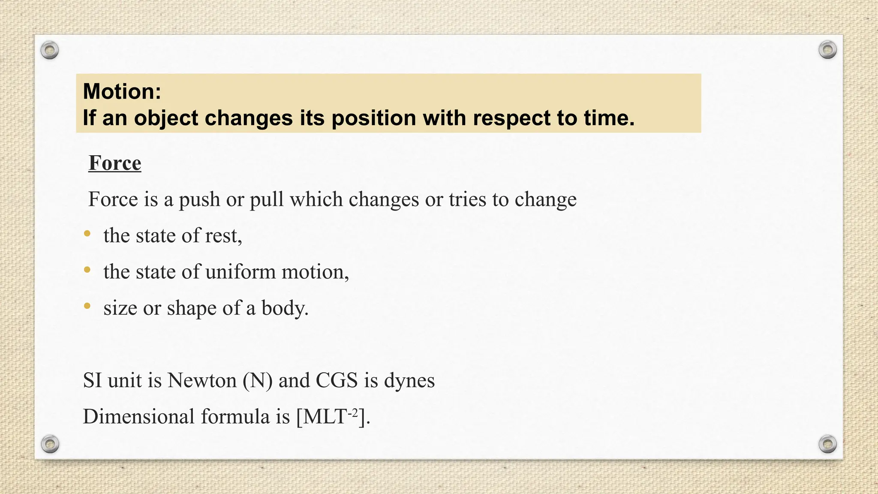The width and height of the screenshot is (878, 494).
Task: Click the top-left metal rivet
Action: [x=50, y=51]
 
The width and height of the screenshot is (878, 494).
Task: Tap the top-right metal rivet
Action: [x=827, y=50]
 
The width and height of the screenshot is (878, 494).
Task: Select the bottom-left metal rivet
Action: [x=50, y=444]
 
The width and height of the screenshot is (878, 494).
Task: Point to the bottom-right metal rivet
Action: [x=827, y=444]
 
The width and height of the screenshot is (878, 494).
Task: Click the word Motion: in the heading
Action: [x=122, y=91]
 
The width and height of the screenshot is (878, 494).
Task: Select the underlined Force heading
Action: [x=115, y=163]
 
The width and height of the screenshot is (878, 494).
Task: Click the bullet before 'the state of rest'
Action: [x=87, y=234]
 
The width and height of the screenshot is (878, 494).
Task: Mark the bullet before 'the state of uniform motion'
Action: [x=87, y=270]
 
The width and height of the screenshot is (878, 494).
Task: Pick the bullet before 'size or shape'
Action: [x=87, y=306]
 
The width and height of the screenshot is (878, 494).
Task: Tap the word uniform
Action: [x=240, y=272]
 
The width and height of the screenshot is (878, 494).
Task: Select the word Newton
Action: [x=202, y=380]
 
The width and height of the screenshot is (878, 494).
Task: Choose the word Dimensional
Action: [x=138, y=416]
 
